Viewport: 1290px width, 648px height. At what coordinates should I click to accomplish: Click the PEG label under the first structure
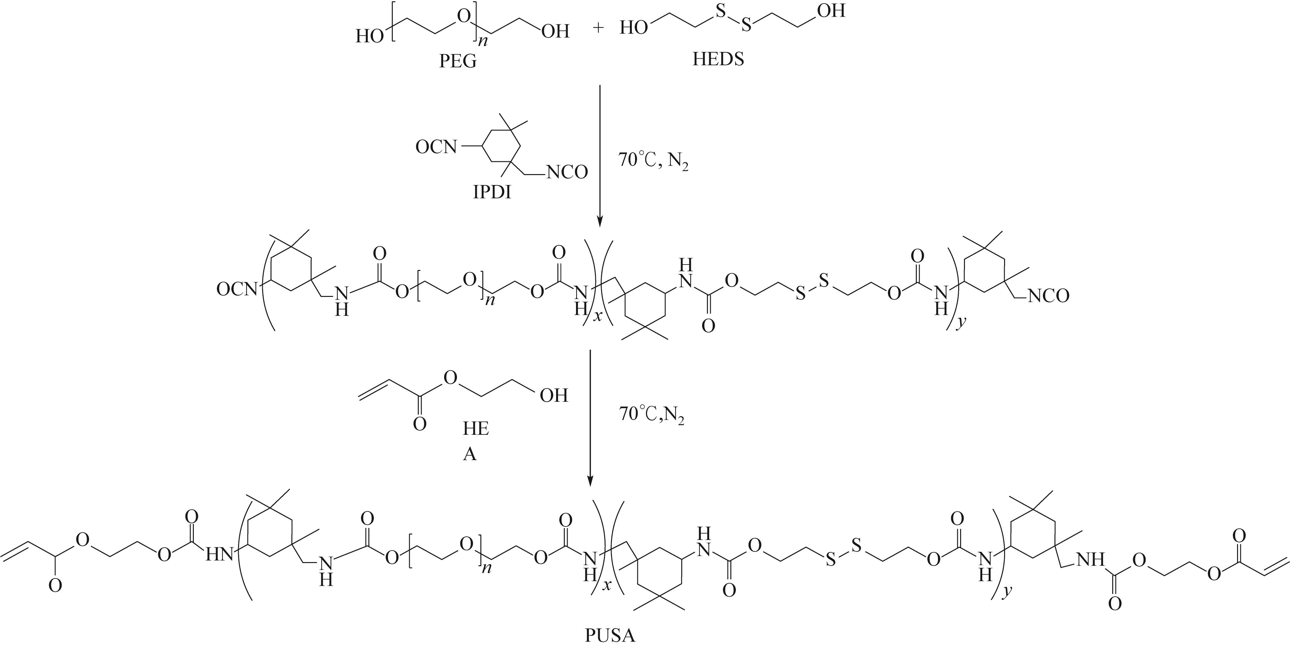(458, 61)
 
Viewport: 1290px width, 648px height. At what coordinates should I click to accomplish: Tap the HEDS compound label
(718, 59)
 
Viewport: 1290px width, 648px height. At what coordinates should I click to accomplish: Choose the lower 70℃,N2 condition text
(651, 414)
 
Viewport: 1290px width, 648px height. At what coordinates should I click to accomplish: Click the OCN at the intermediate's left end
(237, 289)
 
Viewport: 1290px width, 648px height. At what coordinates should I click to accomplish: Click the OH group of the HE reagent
(554, 396)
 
